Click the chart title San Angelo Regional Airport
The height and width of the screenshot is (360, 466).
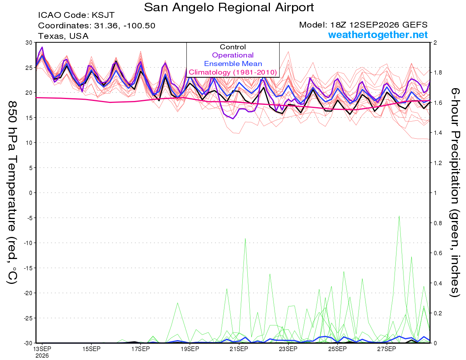pyautogui.click(x=229, y=7)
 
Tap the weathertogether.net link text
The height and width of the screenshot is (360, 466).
pyautogui.click(x=378, y=35)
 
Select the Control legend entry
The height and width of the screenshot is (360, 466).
pyautogui.click(x=233, y=47)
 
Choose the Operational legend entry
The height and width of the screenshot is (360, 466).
pyautogui.click(x=233, y=55)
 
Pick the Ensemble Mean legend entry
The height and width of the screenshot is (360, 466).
pyautogui.click(x=233, y=64)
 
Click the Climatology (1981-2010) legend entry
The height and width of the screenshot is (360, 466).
pyautogui.click(x=233, y=72)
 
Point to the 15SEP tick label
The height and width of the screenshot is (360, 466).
pyautogui.click(x=91, y=349)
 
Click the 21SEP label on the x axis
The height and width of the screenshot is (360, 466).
pyautogui.click(x=239, y=349)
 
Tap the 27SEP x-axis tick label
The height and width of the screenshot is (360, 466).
pyautogui.click(x=386, y=349)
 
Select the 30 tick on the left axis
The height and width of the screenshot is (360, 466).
pyautogui.click(x=29, y=43)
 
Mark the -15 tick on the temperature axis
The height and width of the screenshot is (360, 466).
pyautogui.click(x=28, y=268)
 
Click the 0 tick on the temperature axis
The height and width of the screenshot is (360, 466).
pyautogui.click(x=31, y=193)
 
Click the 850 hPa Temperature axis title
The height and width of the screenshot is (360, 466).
pyautogui.click(x=12, y=193)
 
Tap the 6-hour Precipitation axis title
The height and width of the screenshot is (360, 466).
pyautogui.click(x=455, y=192)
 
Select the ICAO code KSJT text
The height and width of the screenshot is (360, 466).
pyautogui.click(x=77, y=15)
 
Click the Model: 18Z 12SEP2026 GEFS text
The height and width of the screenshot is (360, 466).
pyautogui.click(x=363, y=25)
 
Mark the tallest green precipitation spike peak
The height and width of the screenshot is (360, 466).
pyautogui.click(x=399, y=216)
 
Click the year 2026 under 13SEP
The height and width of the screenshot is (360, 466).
pyautogui.click(x=42, y=356)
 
